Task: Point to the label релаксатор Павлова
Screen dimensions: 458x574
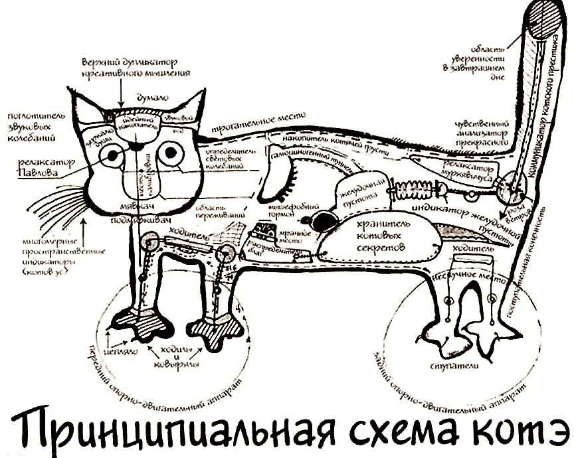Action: click(x=47, y=166)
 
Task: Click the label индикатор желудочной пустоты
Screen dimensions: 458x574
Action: click(x=460, y=218)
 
